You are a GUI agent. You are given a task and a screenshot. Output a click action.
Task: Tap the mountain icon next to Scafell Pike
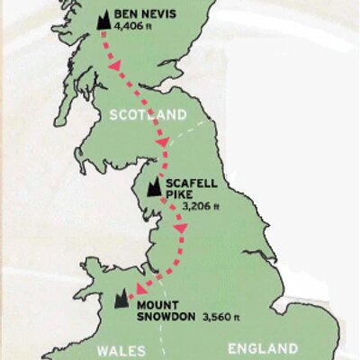point(155,188)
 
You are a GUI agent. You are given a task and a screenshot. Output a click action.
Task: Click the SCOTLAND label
point(148,114)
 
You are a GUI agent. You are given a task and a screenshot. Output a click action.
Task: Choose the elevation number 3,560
point(218,317)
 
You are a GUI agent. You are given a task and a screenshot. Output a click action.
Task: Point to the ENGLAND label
point(263,348)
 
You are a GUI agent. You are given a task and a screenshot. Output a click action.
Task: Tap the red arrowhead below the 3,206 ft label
point(179,231)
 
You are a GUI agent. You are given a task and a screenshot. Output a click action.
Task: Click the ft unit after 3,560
point(239,318)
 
